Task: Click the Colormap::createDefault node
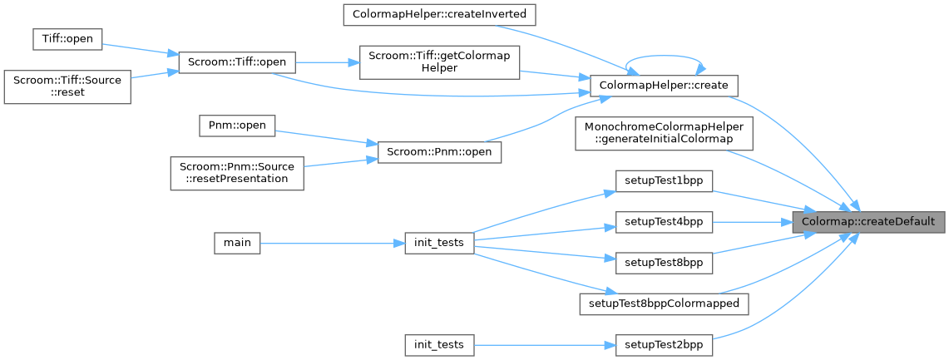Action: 867,222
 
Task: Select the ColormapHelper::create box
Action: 664,85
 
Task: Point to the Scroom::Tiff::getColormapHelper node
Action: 439,62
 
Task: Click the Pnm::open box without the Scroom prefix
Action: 237,125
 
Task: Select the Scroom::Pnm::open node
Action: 439,152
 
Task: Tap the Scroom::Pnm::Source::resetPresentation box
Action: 237,171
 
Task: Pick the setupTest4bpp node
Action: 664,222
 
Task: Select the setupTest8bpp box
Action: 664,263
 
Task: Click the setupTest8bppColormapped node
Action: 664,303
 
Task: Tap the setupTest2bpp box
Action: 664,344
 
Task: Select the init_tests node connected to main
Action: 439,243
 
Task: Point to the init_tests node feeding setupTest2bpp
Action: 439,344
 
